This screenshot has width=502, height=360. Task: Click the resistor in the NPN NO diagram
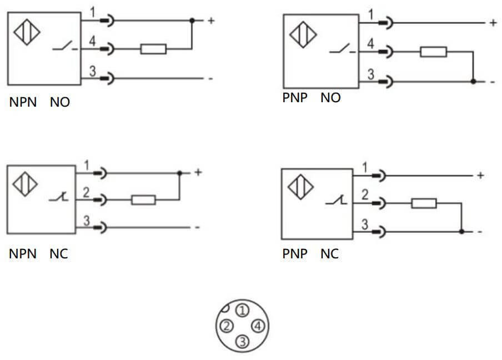pos(153,49)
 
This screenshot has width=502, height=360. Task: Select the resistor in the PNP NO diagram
pos(433,52)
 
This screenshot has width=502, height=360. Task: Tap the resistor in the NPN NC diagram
pos(143,199)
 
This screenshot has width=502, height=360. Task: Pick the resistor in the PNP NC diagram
pos(424,203)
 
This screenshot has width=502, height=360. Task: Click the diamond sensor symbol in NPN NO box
pos(26,32)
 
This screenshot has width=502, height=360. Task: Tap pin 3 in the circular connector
pos(242,341)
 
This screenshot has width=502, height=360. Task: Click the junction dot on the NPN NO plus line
pos(192,21)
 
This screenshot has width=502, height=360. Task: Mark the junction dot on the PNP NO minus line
pos(473,81)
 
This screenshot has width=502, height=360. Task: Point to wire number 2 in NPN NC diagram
pos(87,192)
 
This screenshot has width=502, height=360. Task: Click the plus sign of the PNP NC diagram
pos(480,176)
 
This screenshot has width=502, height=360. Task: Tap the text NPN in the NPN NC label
pos(23,254)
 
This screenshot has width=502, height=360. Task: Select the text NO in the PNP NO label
pos(330,98)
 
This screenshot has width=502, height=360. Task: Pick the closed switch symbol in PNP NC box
pos(338,201)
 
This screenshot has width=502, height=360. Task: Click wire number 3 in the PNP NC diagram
pos(365,224)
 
